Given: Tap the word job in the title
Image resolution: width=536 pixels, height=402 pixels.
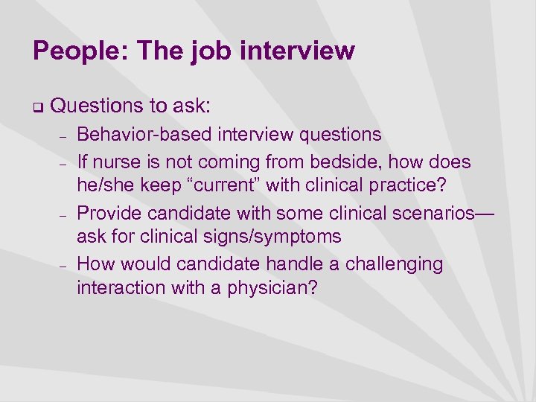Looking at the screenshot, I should coord(208,51).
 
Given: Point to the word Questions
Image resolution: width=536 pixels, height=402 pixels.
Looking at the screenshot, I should coord(97,107).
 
